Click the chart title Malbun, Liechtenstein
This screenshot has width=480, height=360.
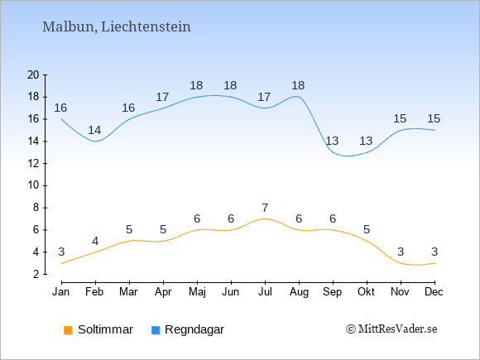pyautogui.click(x=117, y=26)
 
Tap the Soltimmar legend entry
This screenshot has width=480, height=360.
pyautogui.click(x=98, y=329)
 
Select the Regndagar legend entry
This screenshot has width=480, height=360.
pyautogui.click(x=188, y=329)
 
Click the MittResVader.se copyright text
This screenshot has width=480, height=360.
pyautogui.click(x=391, y=329)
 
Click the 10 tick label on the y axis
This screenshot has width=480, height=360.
pyautogui.click(x=33, y=185)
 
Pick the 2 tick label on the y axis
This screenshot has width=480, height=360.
pyautogui.click(x=36, y=274)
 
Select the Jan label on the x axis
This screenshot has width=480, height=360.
pyautogui.click(x=61, y=292)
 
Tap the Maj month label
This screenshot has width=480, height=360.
pyautogui.click(x=197, y=292)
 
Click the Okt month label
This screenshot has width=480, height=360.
pyautogui.click(x=366, y=292)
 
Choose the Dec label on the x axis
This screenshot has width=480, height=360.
pyautogui.click(x=434, y=292)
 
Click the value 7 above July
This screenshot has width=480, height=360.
pyautogui.click(x=265, y=208)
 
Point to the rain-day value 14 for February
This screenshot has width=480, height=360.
pyautogui.click(x=94, y=131)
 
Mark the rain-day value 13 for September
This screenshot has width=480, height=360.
pyautogui.click(x=332, y=142)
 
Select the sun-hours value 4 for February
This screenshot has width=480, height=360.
pyautogui.click(x=95, y=241)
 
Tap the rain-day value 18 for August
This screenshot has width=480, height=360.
pyautogui.click(x=298, y=85)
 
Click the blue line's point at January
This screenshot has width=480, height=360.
pyautogui.click(x=62, y=119)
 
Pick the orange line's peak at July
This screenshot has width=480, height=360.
pyautogui.click(x=265, y=218)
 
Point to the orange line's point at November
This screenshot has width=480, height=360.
pyautogui.click(x=401, y=263)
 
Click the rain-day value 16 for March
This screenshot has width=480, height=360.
pyautogui.click(x=128, y=108)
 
